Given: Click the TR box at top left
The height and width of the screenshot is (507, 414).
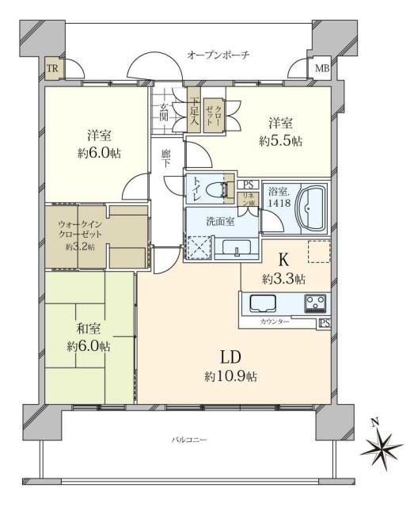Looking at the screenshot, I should click(x=51, y=68).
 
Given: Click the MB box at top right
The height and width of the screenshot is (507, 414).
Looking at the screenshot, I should click(x=321, y=68).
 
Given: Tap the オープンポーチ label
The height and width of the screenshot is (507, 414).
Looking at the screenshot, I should click(x=219, y=55).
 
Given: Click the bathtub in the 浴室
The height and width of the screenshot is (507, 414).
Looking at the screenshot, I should click(x=302, y=207).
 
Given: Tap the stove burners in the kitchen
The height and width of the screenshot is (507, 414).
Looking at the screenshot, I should click(x=315, y=303).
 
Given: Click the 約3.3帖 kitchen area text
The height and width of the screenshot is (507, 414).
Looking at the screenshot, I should click(x=284, y=278).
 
